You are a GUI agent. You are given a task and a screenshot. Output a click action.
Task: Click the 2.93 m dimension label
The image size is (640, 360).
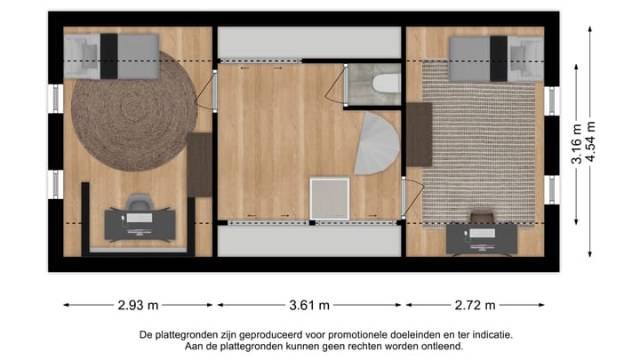(x=138, y=305)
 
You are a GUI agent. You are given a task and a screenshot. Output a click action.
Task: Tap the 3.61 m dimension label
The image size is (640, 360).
(x=309, y=305)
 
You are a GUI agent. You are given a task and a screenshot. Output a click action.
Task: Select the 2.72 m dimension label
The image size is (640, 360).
(x=475, y=305)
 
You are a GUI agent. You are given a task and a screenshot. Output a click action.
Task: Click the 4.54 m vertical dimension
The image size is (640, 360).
(x=591, y=142)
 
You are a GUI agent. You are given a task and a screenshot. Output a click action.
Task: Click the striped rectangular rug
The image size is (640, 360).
(x=480, y=142)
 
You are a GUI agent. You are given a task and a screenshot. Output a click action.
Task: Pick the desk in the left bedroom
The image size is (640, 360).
(x=138, y=225)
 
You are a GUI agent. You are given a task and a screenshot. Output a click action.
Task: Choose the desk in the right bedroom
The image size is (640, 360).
(x=481, y=237)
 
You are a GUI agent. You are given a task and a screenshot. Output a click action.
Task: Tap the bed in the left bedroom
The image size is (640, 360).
(x=113, y=56)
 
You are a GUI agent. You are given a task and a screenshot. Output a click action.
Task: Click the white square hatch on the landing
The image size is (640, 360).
(x=330, y=196)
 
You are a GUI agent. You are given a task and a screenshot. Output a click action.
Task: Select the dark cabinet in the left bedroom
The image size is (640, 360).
(x=200, y=164)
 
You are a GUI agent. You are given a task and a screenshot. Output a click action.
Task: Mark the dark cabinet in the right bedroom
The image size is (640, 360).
(x=419, y=133)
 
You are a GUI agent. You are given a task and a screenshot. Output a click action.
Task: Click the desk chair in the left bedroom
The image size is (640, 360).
(x=138, y=206)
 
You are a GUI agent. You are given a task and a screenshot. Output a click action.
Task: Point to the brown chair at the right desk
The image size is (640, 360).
(x=481, y=218)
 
